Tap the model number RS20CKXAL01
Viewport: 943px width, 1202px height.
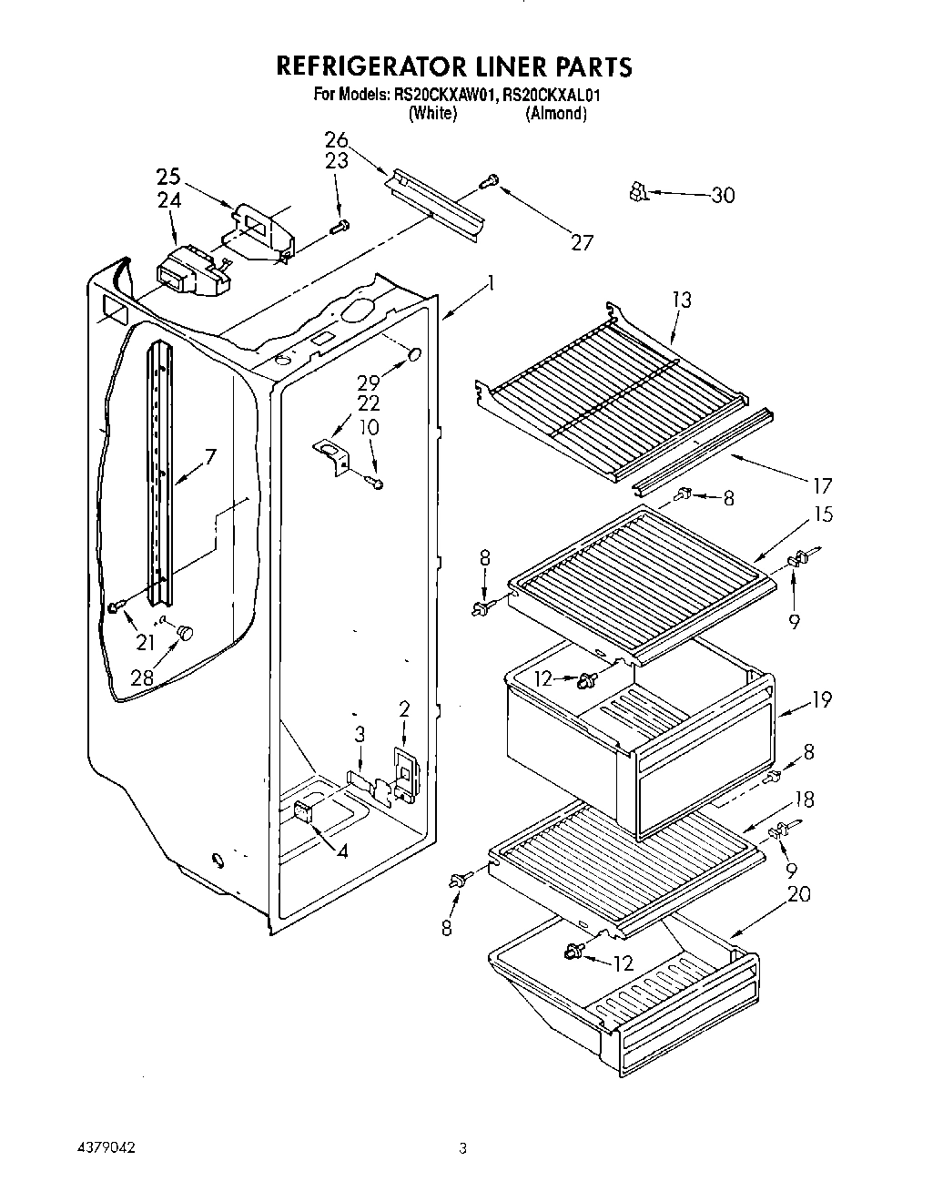coord(556,95)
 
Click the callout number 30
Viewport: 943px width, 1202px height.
coord(723,195)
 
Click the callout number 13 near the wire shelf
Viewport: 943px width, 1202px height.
coord(682,300)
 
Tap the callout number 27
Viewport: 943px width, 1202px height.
coord(581,242)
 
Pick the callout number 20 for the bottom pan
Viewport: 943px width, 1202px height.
coord(798,895)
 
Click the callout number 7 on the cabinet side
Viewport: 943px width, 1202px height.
coord(210,456)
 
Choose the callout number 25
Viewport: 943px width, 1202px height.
coord(168,178)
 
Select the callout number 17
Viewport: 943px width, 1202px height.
coord(823,485)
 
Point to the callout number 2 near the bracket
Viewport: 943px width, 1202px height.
coord(403,708)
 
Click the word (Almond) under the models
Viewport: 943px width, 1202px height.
coord(555,114)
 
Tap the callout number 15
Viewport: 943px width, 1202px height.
coord(823,514)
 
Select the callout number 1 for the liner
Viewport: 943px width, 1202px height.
coord(490,283)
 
